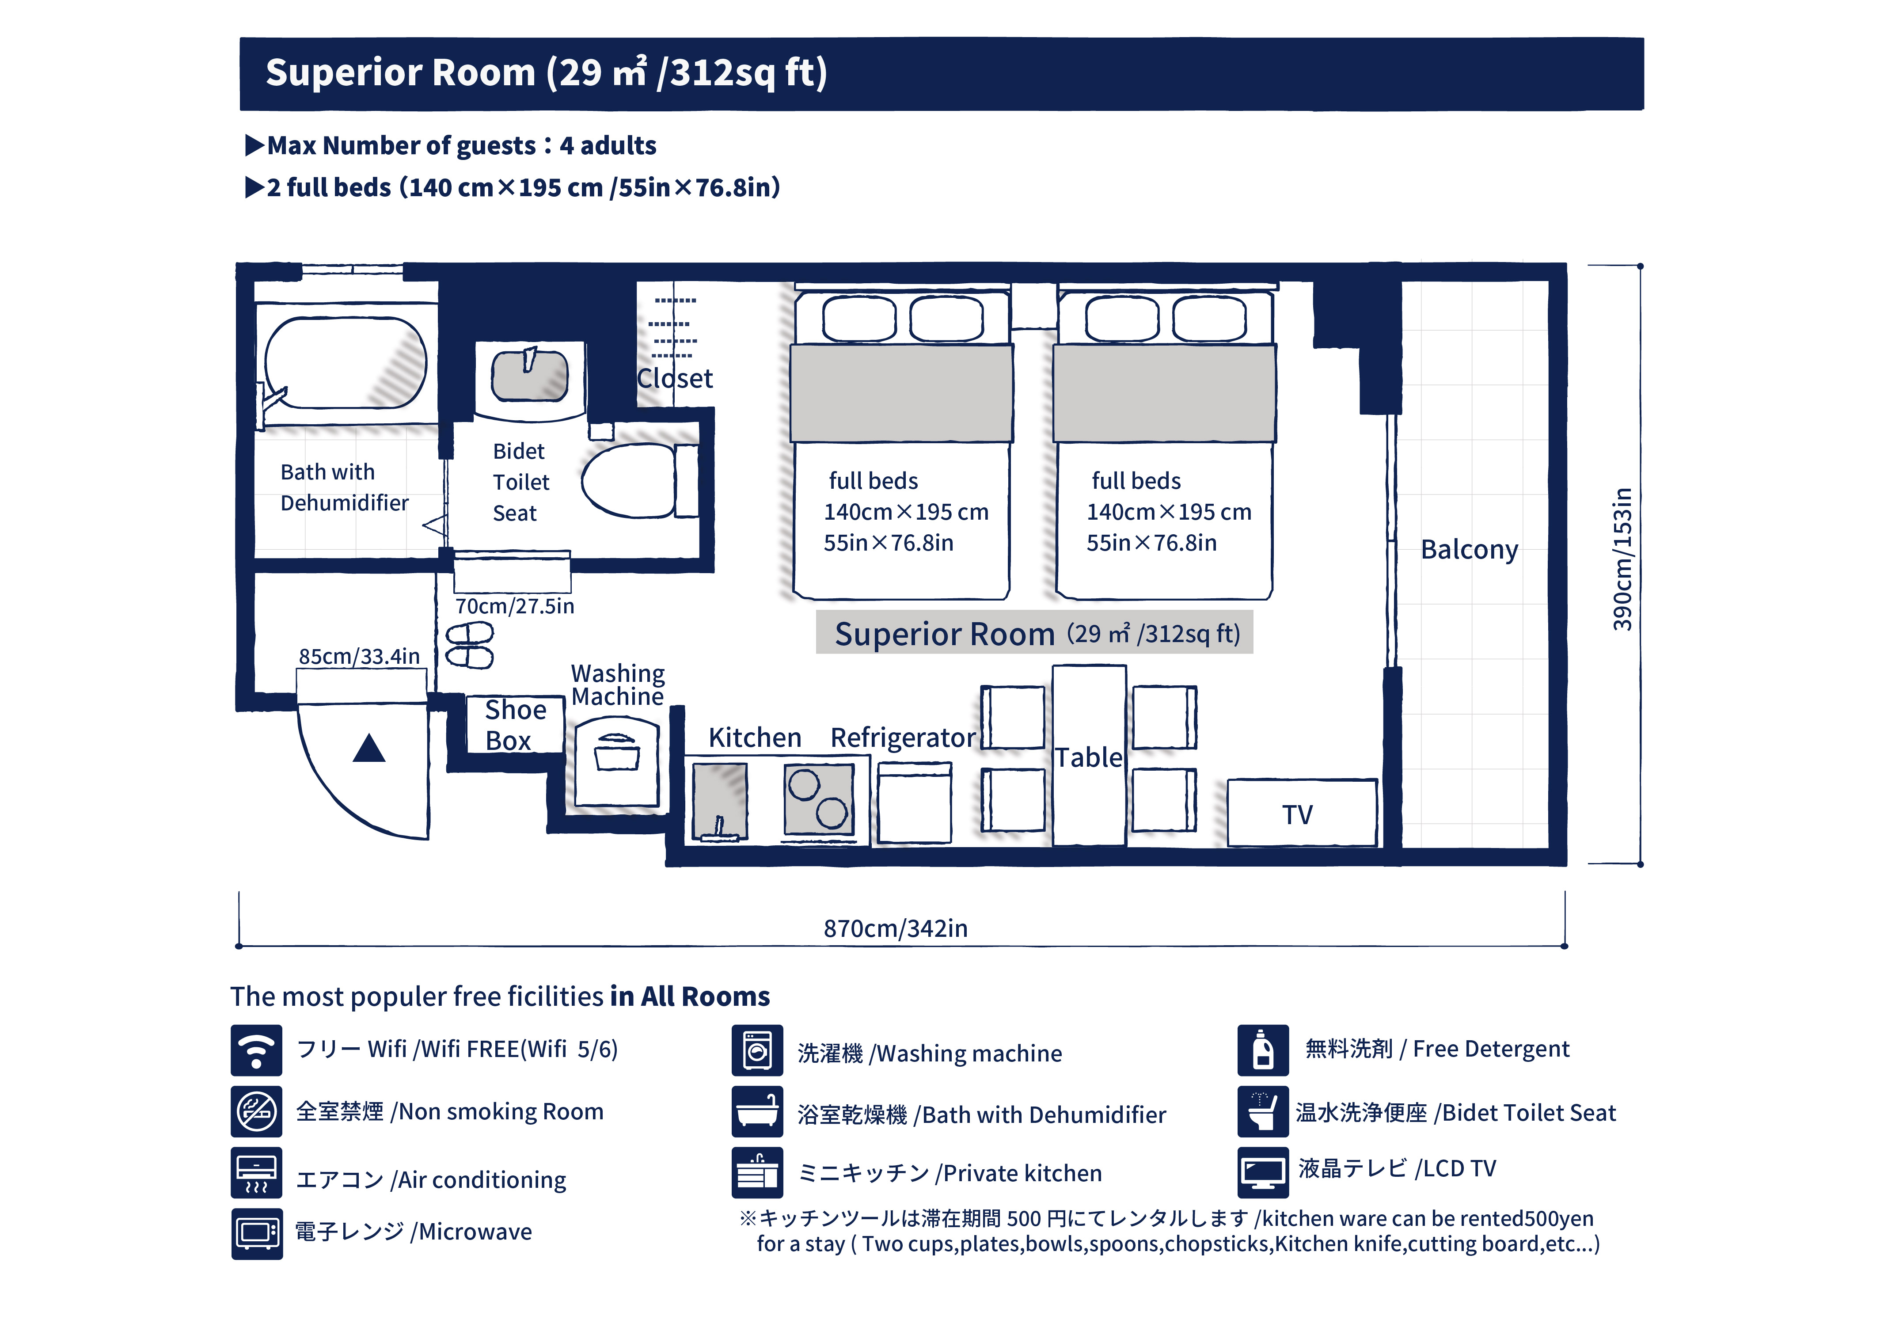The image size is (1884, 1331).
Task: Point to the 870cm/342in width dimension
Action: click(x=895, y=928)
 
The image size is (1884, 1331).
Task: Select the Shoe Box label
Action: click(x=514, y=725)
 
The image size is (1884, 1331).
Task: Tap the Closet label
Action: click(x=675, y=378)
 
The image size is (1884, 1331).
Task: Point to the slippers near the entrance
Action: click(x=469, y=645)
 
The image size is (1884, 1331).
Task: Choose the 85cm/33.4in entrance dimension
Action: click(x=359, y=657)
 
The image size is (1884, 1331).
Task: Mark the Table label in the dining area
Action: click(x=1088, y=757)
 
